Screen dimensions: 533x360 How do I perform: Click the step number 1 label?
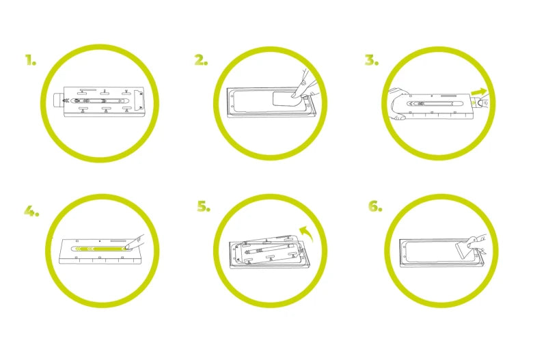[x=31, y=60]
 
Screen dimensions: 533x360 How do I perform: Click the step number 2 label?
[x=201, y=60]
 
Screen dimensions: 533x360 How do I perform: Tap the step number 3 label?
[x=372, y=60]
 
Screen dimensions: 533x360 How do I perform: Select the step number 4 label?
[x=31, y=211]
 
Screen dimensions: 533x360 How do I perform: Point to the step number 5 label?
[x=204, y=206]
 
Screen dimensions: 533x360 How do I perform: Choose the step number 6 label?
[x=375, y=206]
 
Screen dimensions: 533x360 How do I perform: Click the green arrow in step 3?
[x=479, y=92]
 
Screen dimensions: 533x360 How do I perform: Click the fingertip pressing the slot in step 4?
[x=128, y=247]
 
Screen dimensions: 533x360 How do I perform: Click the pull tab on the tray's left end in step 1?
[x=59, y=100]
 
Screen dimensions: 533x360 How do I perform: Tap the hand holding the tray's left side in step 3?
[x=398, y=104]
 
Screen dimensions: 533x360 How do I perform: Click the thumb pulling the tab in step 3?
[x=482, y=102]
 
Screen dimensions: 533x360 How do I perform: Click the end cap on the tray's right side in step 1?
[x=139, y=100]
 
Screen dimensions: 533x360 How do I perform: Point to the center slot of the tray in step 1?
[x=100, y=100]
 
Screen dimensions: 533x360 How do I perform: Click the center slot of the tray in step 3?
[x=432, y=103]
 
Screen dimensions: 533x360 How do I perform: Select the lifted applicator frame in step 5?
[x=268, y=251]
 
